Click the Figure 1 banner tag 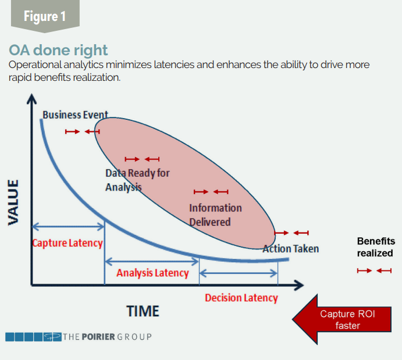point(45,16)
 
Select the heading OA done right point(58,50)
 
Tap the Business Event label point(75,115)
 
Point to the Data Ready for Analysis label point(137,180)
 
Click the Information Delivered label point(215,215)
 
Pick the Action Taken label point(291,249)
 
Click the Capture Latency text point(67,243)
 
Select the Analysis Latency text point(152,273)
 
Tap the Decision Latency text point(241,298)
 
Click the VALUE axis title point(13,202)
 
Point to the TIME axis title point(143,311)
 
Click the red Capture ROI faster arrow point(341,319)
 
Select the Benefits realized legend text point(376,247)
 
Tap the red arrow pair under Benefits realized point(374,270)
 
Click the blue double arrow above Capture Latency point(68,226)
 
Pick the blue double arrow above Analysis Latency point(152,262)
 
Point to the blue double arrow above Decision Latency point(239,273)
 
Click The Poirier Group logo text point(108,337)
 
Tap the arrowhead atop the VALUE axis point(31,99)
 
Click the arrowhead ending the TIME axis point(298,285)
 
